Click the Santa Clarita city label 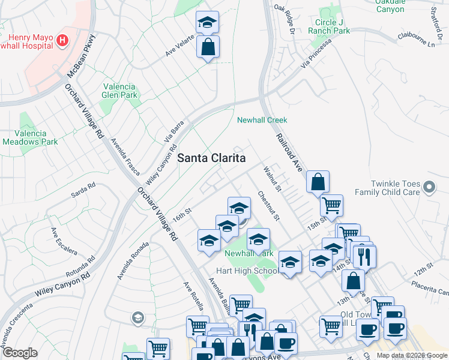click(212, 158)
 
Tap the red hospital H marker click(62, 41)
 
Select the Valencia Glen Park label click(120, 91)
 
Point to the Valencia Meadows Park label click(30, 137)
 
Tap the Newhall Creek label click(262, 120)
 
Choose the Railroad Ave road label click(289, 154)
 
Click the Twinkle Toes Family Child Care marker click(429, 188)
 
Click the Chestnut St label click(268, 205)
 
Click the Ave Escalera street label click(62, 241)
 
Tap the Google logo click(20, 353)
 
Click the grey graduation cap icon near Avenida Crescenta click(137, 317)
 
